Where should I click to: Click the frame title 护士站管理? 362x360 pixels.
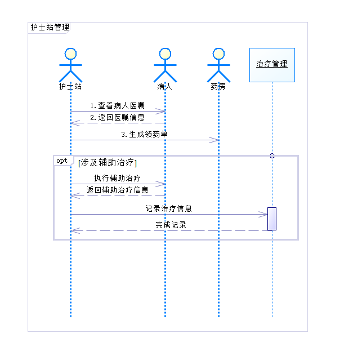(x=50, y=27)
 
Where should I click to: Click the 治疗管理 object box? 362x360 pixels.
(x=271, y=64)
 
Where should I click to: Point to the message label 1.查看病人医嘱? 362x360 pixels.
(x=117, y=105)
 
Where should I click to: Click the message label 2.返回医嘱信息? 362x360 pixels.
(x=117, y=118)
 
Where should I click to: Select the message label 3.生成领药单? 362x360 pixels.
(x=144, y=135)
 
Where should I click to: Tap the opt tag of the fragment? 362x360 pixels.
(x=62, y=161)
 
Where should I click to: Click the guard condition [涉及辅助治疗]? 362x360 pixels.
(x=108, y=163)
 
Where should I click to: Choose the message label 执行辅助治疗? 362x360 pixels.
(x=117, y=178)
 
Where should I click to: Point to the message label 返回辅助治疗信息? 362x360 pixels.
(x=117, y=190)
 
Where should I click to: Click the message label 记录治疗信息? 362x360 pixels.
(x=168, y=208)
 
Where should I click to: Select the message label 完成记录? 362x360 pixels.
(x=171, y=225)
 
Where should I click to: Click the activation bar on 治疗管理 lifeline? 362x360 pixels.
(x=272, y=219)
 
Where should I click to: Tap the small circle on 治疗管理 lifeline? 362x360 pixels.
(x=272, y=155)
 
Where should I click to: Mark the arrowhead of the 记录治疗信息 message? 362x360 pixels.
(x=263, y=214)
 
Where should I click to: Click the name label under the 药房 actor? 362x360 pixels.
(x=218, y=87)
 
